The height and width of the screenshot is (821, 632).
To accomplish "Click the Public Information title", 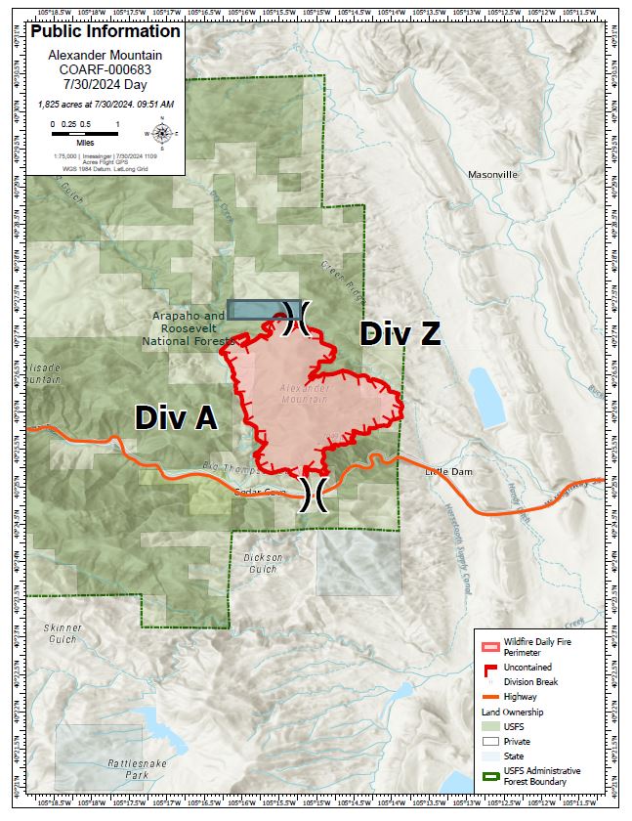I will tap(105, 31).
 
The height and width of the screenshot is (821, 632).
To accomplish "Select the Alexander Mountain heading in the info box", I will tap(105, 56).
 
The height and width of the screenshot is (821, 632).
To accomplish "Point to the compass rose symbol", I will tap(162, 133).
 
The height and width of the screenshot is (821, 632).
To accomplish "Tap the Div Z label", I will tap(400, 333).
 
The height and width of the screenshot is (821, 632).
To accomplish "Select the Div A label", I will tap(176, 417).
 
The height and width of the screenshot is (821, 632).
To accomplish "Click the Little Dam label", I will tap(448, 472).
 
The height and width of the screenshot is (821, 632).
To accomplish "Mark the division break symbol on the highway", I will tap(314, 494).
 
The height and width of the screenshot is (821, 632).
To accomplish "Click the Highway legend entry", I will tap(519, 696).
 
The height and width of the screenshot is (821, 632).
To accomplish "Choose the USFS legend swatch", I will tap(489, 726).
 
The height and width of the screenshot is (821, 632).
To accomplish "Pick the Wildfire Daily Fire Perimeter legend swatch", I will tap(489, 646).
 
